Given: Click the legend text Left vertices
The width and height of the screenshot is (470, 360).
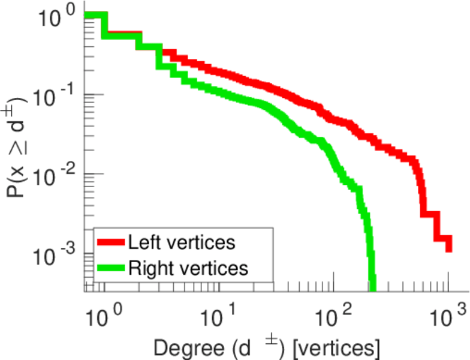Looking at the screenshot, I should click(x=181, y=243).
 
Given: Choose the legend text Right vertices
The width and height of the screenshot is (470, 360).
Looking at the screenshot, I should click(x=188, y=268).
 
